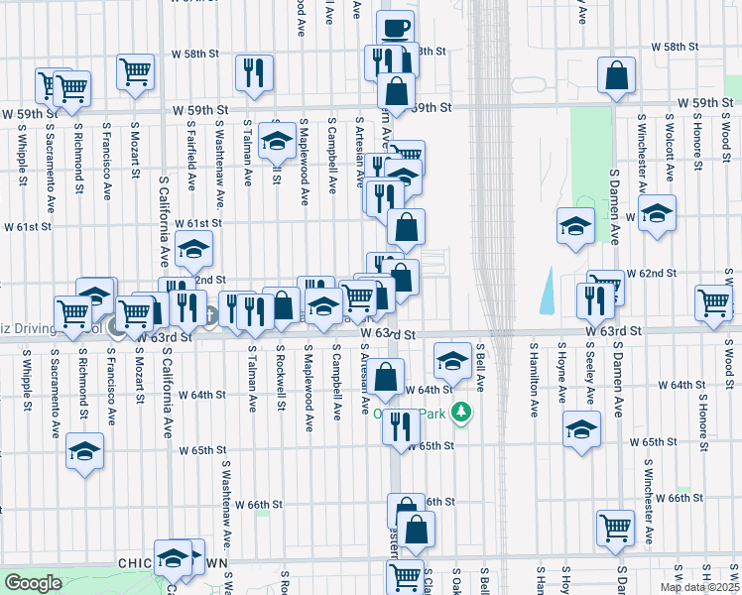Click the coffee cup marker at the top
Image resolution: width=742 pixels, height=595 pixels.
[x=396, y=28]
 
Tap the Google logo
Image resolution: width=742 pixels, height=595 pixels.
[x=33, y=583]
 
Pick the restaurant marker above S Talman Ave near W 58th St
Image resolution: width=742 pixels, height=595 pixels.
[x=254, y=73]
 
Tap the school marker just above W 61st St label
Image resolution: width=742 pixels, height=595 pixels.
[x=194, y=248]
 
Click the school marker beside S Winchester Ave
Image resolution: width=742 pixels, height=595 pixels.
[x=657, y=213]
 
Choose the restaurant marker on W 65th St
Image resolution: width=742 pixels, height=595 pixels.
[x=401, y=426]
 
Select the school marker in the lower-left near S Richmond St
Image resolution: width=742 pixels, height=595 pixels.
[x=85, y=452]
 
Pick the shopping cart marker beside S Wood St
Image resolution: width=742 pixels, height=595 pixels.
[x=713, y=303]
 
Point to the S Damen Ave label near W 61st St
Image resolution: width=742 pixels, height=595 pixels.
[x=615, y=213]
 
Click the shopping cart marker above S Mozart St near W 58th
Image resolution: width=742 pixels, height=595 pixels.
[x=135, y=71]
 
